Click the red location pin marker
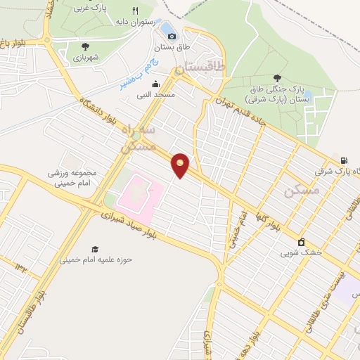(181, 165)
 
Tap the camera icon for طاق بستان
(172, 35)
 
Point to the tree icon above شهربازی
(85, 46)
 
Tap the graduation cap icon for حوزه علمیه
(94, 249)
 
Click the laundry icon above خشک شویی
(302, 242)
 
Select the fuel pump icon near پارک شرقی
(343, 160)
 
